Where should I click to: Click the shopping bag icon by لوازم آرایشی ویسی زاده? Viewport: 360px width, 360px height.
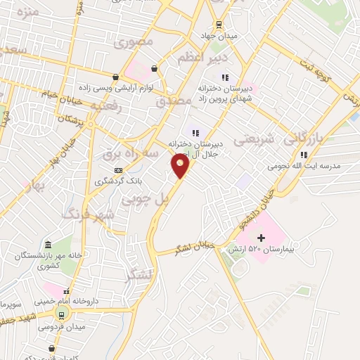tap(153, 69)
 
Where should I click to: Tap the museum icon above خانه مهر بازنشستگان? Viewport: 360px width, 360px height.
tap(48, 245)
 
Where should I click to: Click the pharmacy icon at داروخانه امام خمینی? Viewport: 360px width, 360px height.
tap(67, 292)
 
